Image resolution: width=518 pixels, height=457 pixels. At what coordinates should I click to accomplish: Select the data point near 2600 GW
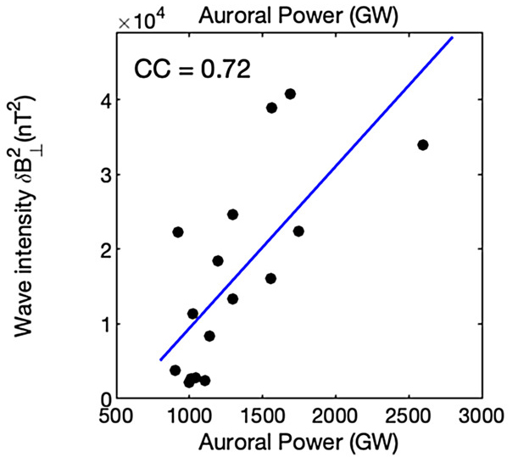click(x=423, y=145)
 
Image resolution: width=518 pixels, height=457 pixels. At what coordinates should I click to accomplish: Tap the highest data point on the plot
click(x=290, y=94)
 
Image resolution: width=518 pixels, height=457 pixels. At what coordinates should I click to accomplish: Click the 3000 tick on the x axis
click(x=483, y=417)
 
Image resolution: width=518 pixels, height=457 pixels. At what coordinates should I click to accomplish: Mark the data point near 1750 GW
click(x=298, y=231)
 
